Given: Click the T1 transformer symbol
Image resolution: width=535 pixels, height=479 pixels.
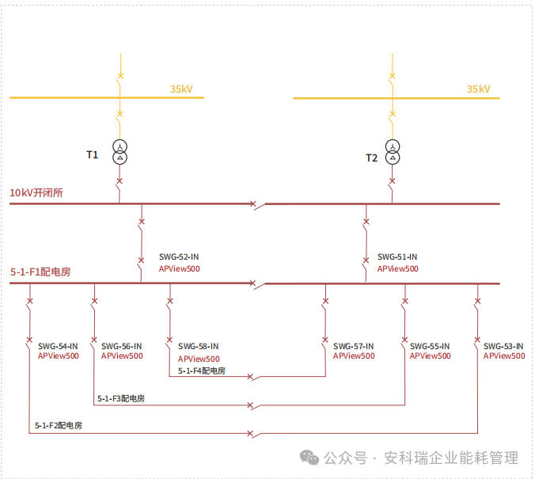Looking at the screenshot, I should [x=120, y=151].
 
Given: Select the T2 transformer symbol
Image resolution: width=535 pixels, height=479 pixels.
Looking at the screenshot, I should [x=392, y=151].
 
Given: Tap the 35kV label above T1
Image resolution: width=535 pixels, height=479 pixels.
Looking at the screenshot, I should [x=181, y=89].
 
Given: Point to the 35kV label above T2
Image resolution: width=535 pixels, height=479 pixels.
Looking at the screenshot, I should [x=478, y=89].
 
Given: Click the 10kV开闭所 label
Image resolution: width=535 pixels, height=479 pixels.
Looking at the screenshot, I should [x=36, y=192].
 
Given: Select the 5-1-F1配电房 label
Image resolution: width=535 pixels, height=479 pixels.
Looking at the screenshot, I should [x=40, y=272].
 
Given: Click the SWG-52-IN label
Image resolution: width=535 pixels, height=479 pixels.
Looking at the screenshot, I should [x=179, y=257].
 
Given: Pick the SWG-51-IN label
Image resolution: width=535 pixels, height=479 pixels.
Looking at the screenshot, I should [x=397, y=257].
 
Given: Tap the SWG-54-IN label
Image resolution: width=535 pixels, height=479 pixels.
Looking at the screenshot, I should [x=58, y=346].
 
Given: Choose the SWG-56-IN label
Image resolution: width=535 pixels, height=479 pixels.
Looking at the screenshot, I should [x=122, y=346].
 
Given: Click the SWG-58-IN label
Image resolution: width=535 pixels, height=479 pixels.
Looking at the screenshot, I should [x=199, y=346].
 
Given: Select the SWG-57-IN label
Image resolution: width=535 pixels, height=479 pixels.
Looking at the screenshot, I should [x=354, y=346].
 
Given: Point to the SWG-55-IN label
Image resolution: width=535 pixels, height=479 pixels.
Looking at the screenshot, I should [x=430, y=346].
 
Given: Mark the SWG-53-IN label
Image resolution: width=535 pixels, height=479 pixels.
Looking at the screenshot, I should [x=503, y=346].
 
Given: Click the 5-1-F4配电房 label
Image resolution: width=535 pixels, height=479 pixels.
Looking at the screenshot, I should [x=202, y=371].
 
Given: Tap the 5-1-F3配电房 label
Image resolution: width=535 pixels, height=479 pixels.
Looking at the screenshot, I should [x=121, y=398].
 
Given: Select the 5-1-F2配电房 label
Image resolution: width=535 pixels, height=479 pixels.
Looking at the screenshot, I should [x=59, y=426].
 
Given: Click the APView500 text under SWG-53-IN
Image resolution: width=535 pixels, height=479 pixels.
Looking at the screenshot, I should [x=504, y=356].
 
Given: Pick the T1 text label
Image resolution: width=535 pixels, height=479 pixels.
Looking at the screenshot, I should [x=92, y=154].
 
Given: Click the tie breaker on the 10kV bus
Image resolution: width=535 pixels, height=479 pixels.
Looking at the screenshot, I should [x=253, y=204].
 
